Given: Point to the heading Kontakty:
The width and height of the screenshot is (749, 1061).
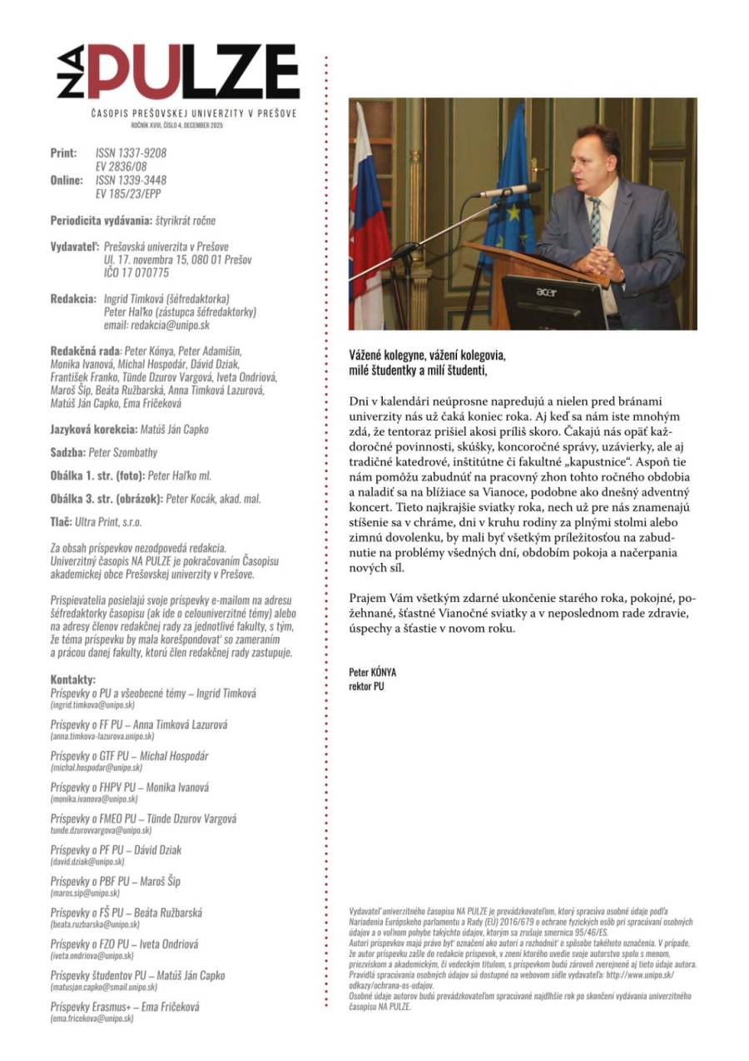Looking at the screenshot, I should pos(73,679).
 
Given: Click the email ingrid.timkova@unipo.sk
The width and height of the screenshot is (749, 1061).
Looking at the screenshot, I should pos(92,705).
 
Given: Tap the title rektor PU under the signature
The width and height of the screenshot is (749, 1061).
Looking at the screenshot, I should pos(366,686).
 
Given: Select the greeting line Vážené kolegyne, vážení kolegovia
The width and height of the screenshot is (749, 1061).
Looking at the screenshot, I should pos(427,355).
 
